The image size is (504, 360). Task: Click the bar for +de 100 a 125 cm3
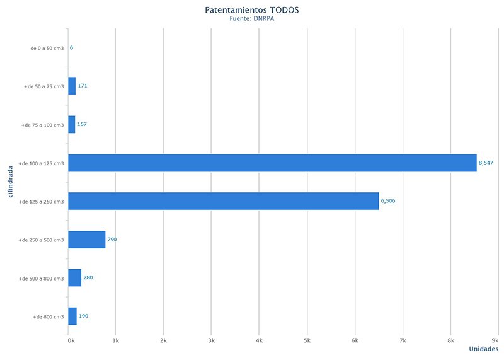pos(272,163)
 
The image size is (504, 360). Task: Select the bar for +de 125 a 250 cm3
pos(224,201)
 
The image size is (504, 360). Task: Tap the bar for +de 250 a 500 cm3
pos(87,240)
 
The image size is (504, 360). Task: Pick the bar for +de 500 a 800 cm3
pos(75,277)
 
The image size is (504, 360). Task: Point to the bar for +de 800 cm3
pos(72,316)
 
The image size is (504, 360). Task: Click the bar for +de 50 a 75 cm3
pos(72,86)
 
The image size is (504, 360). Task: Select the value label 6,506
pos(388,201)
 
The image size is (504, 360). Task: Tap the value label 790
pos(112,240)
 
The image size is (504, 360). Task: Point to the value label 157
pos(82,124)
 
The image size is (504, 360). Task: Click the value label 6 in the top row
pos(72,48)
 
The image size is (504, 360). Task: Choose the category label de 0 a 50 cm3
pos(47,48)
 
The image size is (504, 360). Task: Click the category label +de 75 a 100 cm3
pos(43,125)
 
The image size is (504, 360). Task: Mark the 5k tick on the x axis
pos(307,340)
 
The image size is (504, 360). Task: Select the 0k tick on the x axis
pos(71,340)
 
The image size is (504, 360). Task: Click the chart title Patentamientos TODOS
pos(252,10)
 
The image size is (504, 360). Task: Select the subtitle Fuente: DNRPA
pos(252,19)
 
